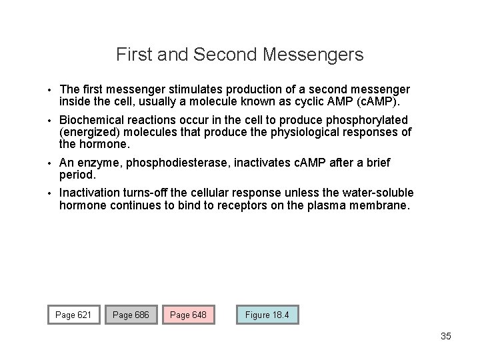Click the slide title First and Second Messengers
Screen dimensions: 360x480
tap(239, 54)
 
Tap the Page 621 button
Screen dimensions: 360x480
tap(73, 315)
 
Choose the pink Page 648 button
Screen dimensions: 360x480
tap(189, 315)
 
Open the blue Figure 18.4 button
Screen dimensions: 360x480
tap(267, 315)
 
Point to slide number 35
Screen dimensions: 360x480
tap(446, 336)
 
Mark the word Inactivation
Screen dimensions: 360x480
tap(89, 193)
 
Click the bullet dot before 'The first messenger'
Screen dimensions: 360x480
tap(49, 89)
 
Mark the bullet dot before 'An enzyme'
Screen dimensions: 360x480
tap(49, 163)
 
